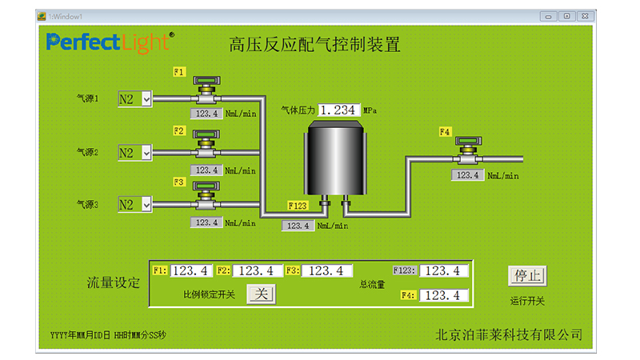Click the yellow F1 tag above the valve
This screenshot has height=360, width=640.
click(x=179, y=72)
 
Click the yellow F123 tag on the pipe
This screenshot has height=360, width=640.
click(x=297, y=206)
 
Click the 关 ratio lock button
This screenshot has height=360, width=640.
click(x=260, y=294)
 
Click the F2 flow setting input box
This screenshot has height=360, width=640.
click(x=257, y=271)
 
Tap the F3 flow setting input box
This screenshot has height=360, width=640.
click(x=326, y=271)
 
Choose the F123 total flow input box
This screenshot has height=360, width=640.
click(x=444, y=270)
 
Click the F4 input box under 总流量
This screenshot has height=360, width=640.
click(x=444, y=295)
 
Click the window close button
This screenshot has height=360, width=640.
click(x=587, y=15)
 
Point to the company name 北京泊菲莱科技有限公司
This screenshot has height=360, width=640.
click(x=509, y=334)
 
